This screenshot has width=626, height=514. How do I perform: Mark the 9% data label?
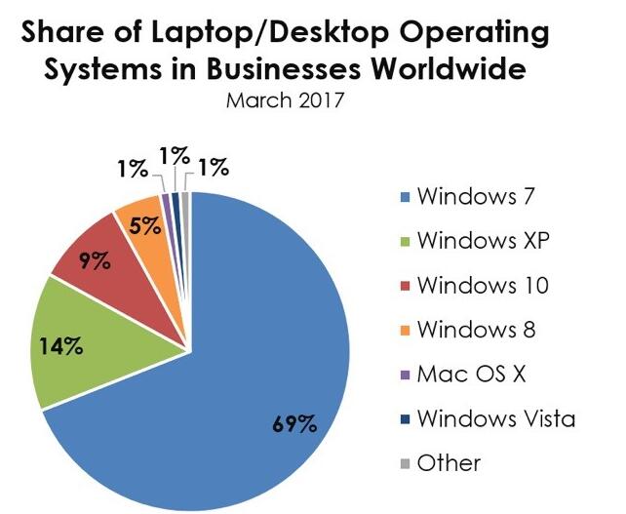[x=94, y=260]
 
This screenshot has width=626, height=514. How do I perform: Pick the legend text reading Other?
[x=450, y=463]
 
